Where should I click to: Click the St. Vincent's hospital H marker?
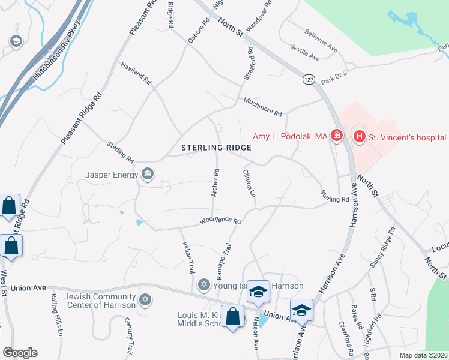pyautogui.click(x=360, y=137)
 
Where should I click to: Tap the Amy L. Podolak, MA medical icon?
pyautogui.click(x=337, y=137)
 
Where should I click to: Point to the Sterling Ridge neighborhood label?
pyautogui.click(x=215, y=147)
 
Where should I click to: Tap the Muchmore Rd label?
pyautogui.click(x=262, y=106)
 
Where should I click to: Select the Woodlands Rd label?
pyautogui.click(x=220, y=222)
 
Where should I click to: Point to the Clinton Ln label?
pyautogui.click(x=249, y=183)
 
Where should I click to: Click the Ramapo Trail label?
pyautogui.click(x=223, y=257)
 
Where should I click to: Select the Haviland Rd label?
pyautogui.click(x=136, y=74)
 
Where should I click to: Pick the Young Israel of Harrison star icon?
pyautogui.click(x=203, y=284)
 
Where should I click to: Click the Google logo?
pyautogui.click(x=20, y=353)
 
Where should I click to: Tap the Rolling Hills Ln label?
pyautogui.click(x=55, y=313)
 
